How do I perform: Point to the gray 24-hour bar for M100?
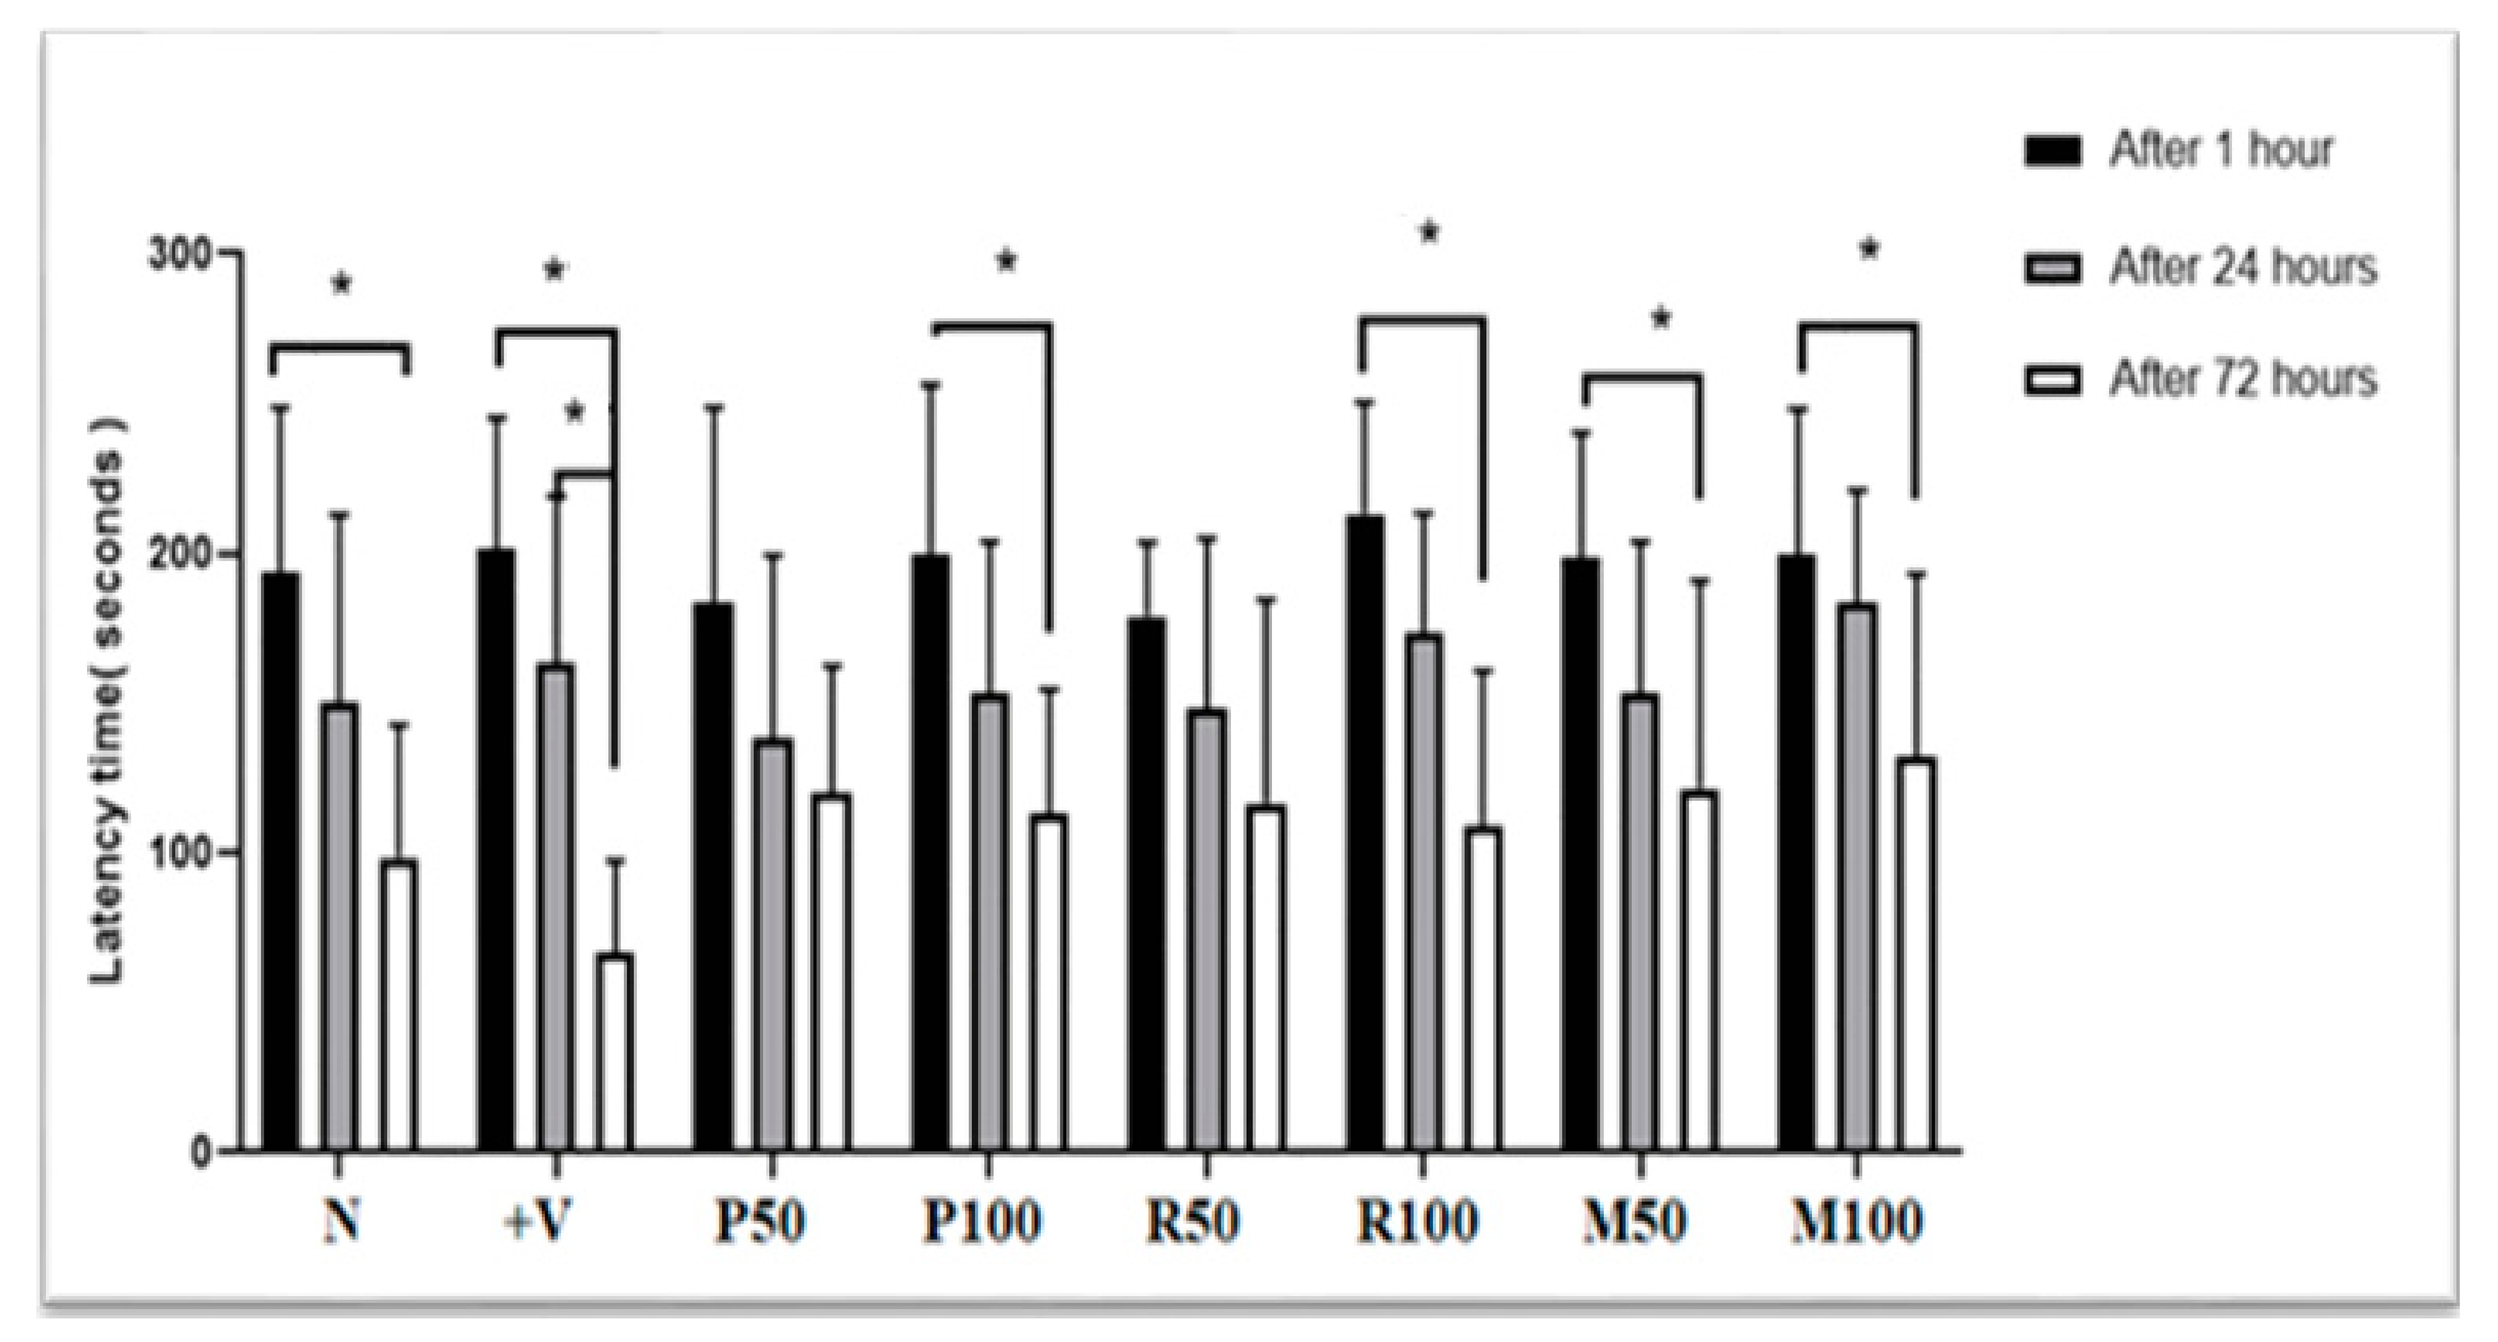(x=1856, y=877)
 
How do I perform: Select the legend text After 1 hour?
(x=2221, y=150)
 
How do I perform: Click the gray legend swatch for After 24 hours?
(x=2053, y=268)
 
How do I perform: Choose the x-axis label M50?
(x=1635, y=1221)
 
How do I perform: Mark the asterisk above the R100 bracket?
(x=1429, y=233)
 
